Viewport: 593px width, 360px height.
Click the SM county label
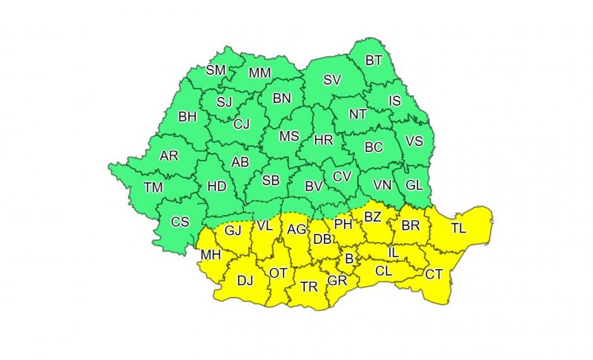point(215,70)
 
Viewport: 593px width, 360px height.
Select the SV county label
point(332,80)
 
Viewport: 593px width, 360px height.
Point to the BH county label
point(188,116)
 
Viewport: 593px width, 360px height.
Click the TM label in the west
point(153,188)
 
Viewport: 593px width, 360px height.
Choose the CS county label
point(180,221)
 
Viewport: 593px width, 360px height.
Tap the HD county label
point(216,187)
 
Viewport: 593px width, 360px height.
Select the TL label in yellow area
point(458,228)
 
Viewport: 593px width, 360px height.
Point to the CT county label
point(434,275)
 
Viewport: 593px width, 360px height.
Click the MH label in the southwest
point(210,256)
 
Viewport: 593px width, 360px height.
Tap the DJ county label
point(245,281)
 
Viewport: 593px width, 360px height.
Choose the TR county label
point(309,286)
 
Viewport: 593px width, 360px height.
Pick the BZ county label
point(373,217)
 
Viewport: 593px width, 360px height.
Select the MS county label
point(289,136)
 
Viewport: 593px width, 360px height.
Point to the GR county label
point(337,281)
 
